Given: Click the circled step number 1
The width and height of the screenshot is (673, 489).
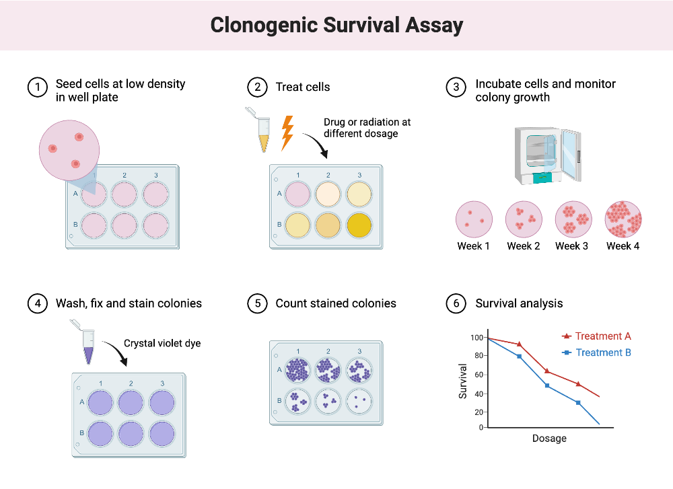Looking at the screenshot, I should pos(38,87).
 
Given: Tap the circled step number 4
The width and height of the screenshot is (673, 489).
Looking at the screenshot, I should pos(38,304).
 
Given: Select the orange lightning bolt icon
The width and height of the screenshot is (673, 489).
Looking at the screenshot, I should pos(287,133).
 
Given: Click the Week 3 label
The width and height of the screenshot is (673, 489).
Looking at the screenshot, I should pos(571,246).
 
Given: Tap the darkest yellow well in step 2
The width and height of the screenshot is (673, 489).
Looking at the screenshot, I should pos(359,224).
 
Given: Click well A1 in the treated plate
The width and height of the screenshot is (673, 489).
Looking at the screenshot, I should pos(297,194).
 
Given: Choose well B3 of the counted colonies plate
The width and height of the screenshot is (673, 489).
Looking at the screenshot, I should pos(359,402).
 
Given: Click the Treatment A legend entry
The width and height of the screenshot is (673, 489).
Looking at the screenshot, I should pos(596,336).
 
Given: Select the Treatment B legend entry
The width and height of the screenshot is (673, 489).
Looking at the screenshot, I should pos(596,352).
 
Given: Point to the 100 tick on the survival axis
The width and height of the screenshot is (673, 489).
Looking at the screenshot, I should pos(476,338).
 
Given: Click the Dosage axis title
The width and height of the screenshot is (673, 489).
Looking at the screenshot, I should pos(549,439).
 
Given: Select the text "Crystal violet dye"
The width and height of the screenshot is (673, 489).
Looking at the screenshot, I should pos(162,344).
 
